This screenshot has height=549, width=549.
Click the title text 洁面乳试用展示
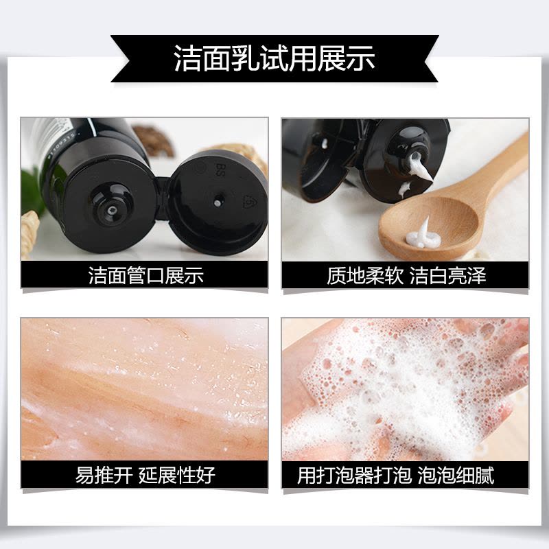click(x=274, y=58)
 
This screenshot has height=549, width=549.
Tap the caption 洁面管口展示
click(x=145, y=275)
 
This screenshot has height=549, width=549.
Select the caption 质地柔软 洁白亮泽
click(x=406, y=275)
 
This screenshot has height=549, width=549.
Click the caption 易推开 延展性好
click(x=145, y=475)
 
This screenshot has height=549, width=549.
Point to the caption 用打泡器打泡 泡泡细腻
click(x=396, y=475)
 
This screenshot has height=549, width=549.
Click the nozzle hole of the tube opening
click(x=112, y=210)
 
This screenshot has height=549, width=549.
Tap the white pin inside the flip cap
click(x=218, y=202)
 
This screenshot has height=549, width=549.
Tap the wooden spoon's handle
click(x=504, y=165)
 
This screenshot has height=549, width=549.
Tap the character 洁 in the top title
click(x=187, y=58)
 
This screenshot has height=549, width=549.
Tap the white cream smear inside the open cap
click(x=323, y=143)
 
